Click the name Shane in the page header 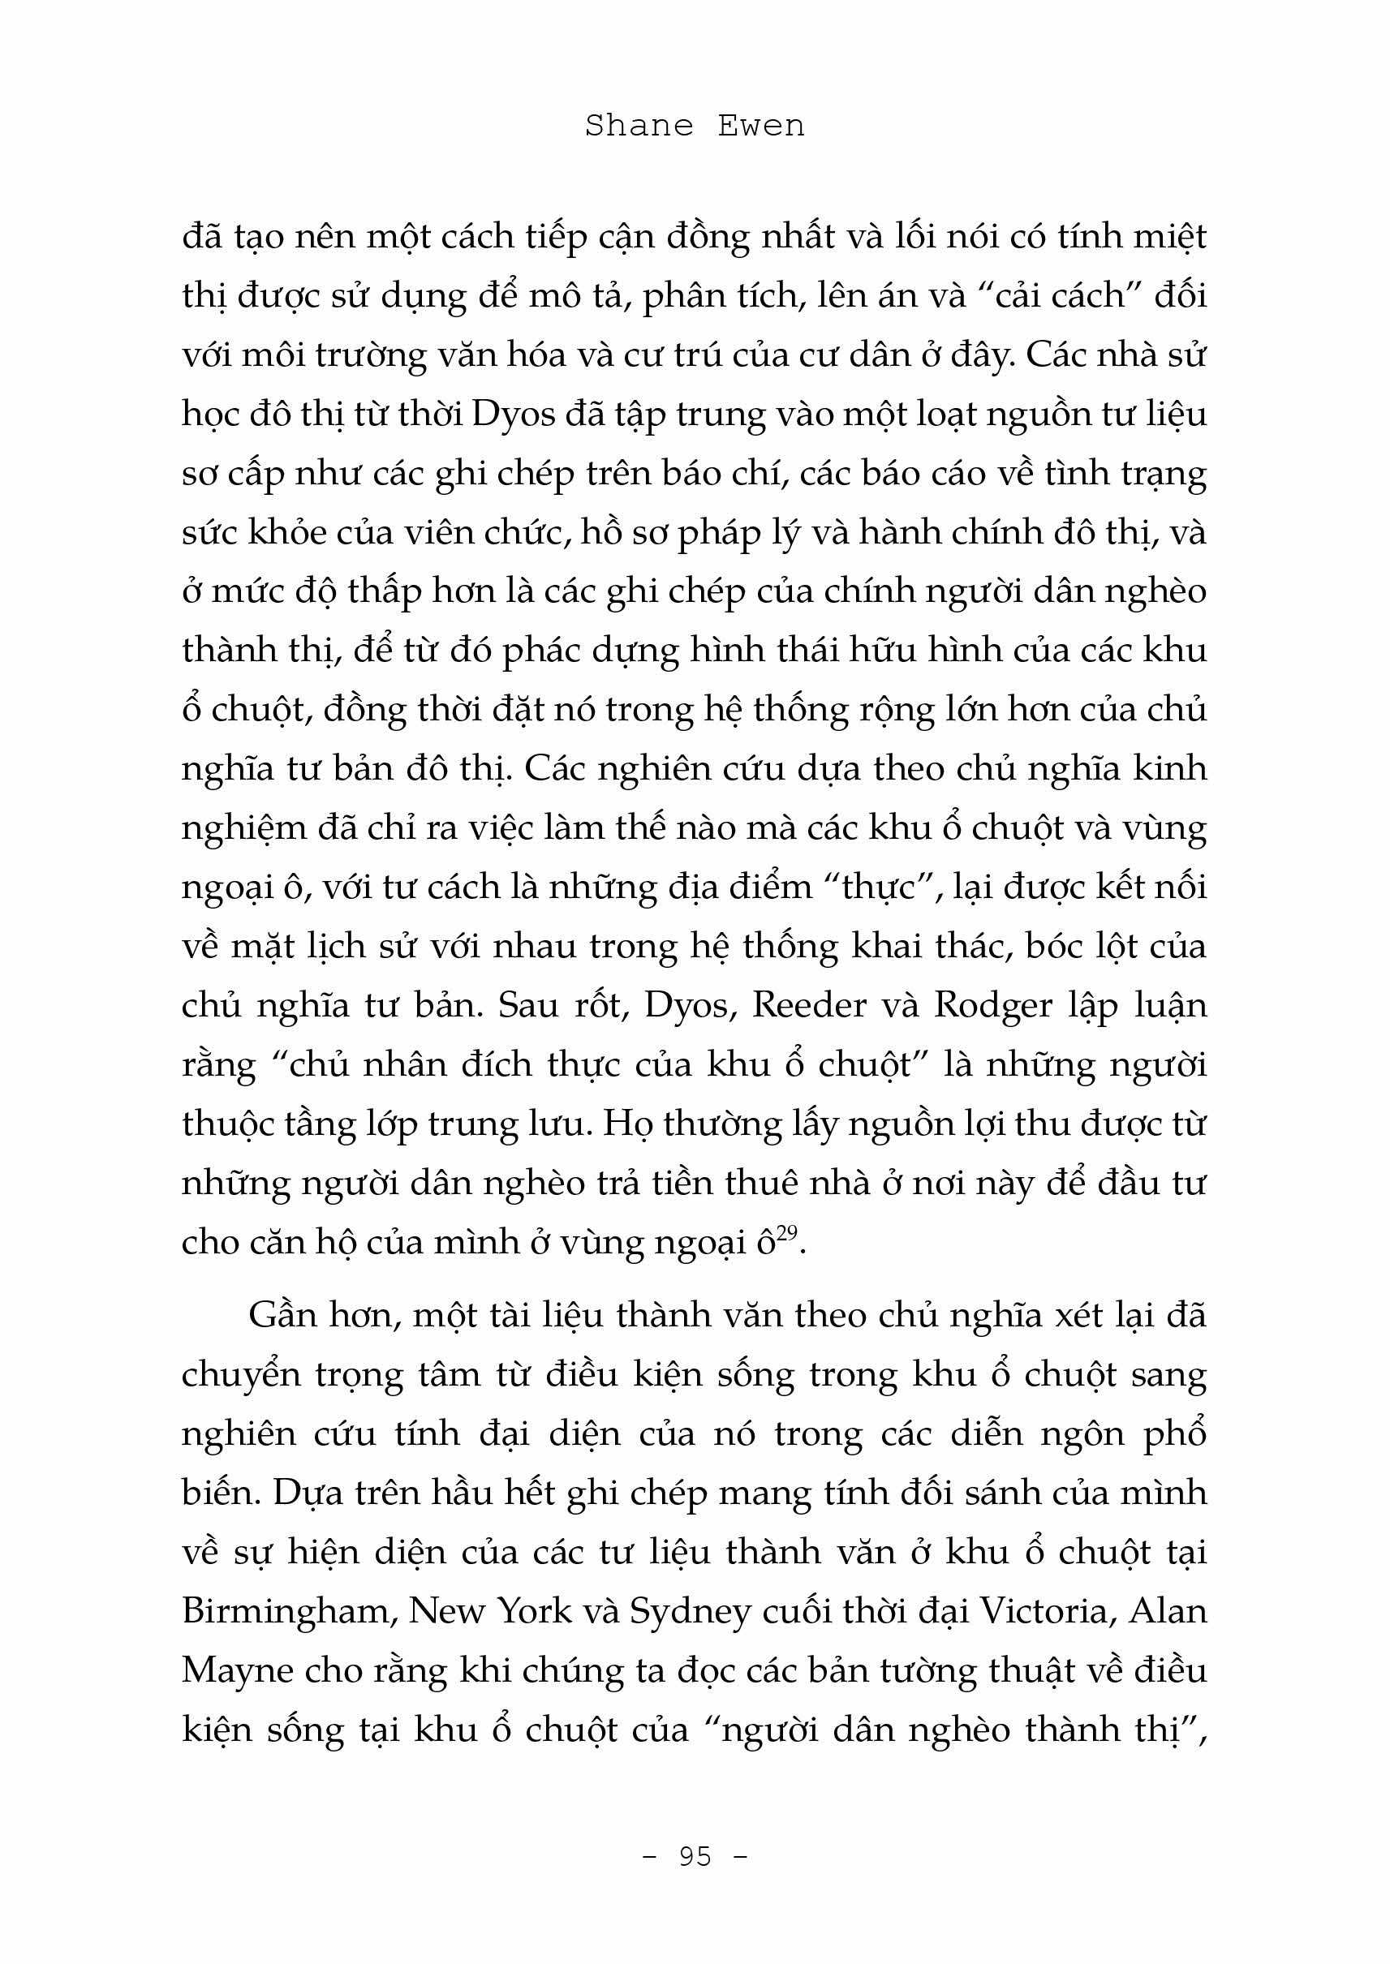(639, 126)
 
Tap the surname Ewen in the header (761, 126)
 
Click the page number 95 (695, 1856)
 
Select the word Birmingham (286, 1612)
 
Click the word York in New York (536, 1610)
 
